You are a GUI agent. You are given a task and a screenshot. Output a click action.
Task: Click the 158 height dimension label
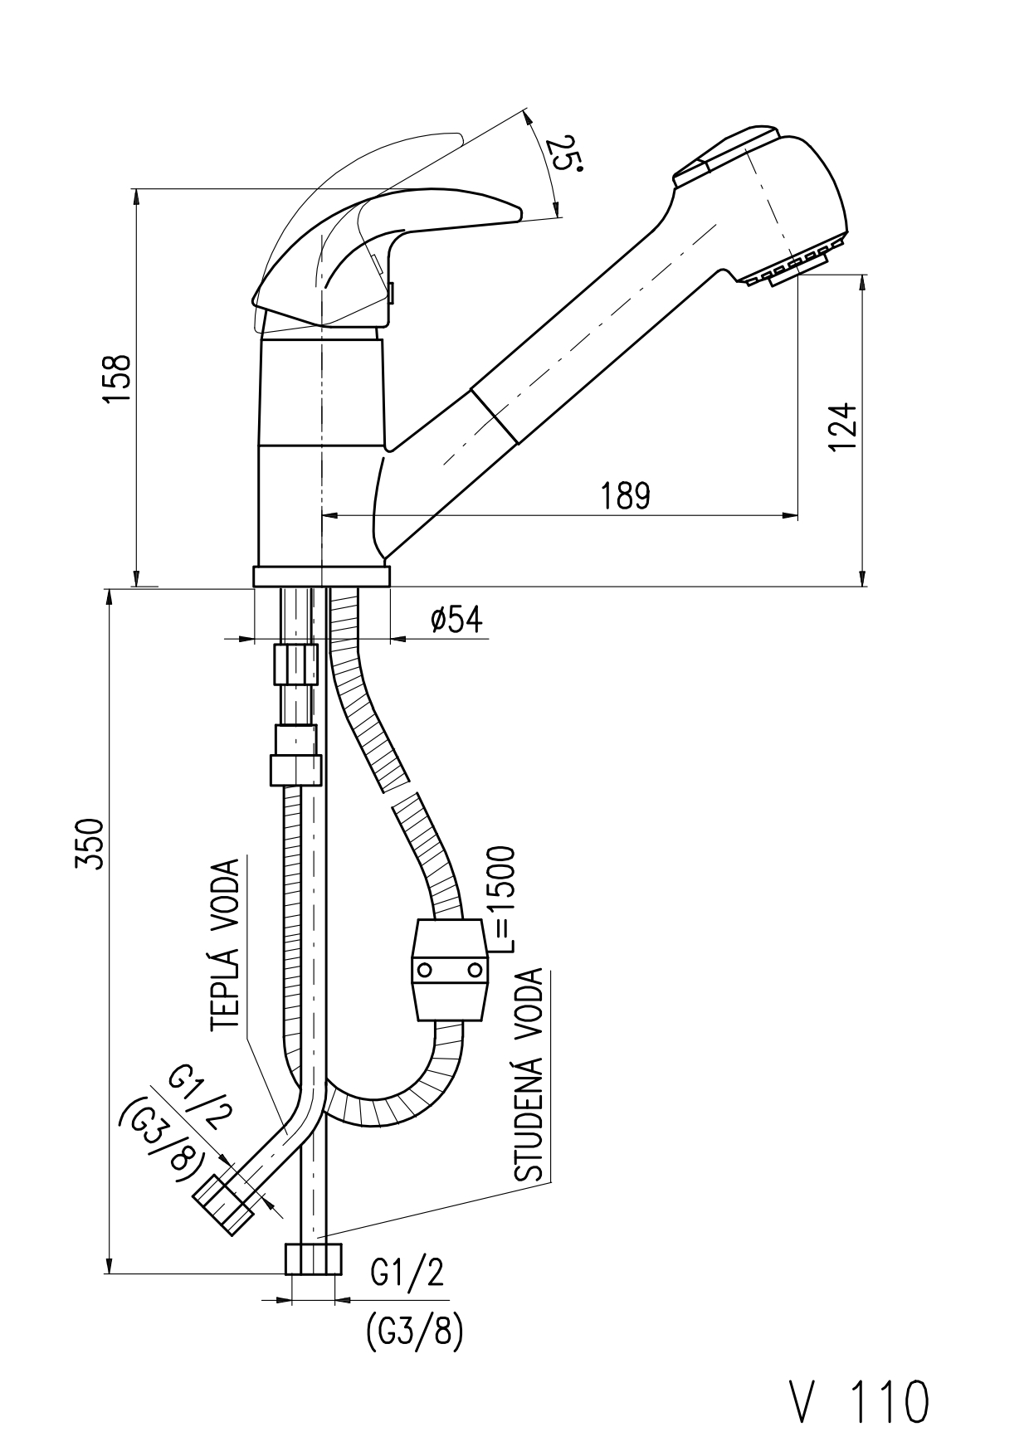click(119, 379)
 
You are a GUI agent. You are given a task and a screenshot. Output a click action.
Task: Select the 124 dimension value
click(842, 426)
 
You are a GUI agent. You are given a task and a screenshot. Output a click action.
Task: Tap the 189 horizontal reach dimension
click(625, 496)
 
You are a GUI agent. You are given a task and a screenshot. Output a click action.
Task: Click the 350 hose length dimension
click(90, 844)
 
